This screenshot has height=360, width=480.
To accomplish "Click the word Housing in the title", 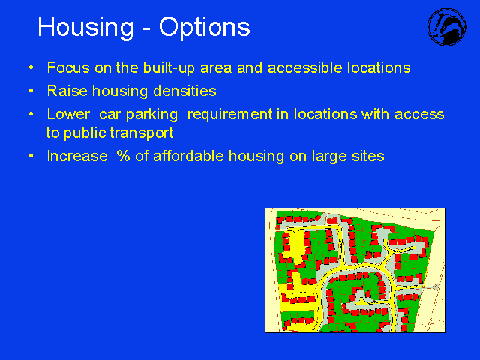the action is point(85,28).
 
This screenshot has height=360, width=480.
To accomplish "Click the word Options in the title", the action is point(205,28).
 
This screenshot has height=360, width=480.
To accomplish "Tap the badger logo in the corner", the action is point(447,27).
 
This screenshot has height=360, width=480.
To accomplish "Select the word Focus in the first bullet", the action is point(68,67).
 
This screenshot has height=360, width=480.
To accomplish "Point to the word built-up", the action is point(169,68).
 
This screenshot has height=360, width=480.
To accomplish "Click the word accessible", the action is point(305,67).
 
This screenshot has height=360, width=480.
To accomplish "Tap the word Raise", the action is point(67,91).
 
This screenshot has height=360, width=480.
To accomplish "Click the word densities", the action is point(184,91).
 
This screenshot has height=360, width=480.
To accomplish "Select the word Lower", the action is point(68,114).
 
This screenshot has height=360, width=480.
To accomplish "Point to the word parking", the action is point(151,115).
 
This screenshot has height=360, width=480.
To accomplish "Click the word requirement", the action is point(229,115).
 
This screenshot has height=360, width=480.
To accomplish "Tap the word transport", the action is point(142,133).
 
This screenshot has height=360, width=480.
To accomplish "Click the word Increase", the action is point(77,156).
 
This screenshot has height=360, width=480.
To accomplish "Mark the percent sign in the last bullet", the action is point(123,156).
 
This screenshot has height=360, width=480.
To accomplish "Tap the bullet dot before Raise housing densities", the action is point(31,91).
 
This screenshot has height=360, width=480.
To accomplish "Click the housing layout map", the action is point(355,271).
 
